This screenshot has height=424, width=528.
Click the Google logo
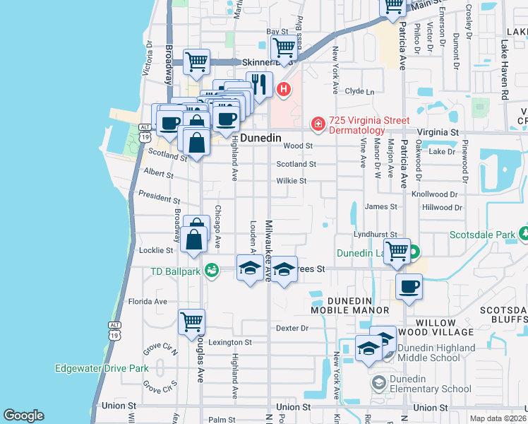pyautogui.click(x=23, y=416)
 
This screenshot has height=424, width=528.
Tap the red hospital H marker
pyautogui.click(x=284, y=89)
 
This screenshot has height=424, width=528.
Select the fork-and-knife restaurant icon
pyautogui.click(x=259, y=84)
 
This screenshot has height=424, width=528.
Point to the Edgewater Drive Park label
pyautogui.click(x=102, y=368)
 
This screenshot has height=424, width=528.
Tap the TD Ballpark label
pyautogui.click(x=176, y=271)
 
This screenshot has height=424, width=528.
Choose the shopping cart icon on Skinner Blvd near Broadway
pyautogui.click(x=196, y=61)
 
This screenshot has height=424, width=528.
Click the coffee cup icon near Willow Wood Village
pyautogui.click(x=409, y=287)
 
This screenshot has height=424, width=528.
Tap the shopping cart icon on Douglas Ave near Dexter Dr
pyautogui.click(x=191, y=322)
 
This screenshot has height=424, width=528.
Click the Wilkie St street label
pyautogui.click(x=291, y=181)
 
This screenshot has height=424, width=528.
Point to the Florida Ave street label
pyautogui.click(x=148, y=301)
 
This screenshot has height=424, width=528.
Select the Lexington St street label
pyautogui.click(x=229, y=342)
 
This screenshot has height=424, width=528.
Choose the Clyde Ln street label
pyautogui.click(x=359, y=91)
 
